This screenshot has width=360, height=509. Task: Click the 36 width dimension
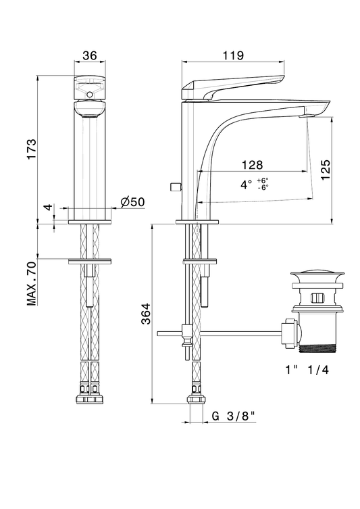pyautogui.click(x=90, y=55)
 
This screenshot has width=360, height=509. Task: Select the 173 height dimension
pyautogui.click(x=32, y=149)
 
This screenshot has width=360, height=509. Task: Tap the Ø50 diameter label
pyautogui.click(x=132, y=202)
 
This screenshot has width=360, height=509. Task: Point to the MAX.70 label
pyautogui.click(x=32, y=283)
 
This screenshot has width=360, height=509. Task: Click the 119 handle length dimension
pyautogui.click(x=233, y=55)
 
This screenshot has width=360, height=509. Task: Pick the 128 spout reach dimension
pyautogui.click(x=253, y=165)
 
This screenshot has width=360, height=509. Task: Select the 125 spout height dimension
pyautogui.click(x=326, y=170)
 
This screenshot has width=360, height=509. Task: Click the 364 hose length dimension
pyautogui.click(x=147, y=314)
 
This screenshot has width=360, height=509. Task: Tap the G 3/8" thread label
pyautogui.click(x=233, y=416)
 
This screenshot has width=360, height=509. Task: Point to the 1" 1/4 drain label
pyautogui.click(x=307, y=370)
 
